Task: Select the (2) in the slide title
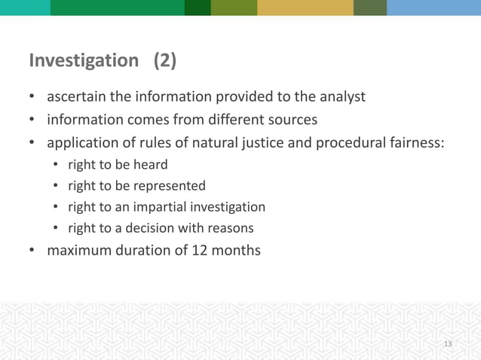(x=165, y=61)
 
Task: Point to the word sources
(x=292, y=120)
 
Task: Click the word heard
(x=152, y=165)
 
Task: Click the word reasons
(x=229, y=228)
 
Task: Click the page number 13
(x=448, y=344)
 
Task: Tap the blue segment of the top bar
(x=434, y=8)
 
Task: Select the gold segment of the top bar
(x=305, y=8)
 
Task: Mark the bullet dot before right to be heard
(x=57, y=165)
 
